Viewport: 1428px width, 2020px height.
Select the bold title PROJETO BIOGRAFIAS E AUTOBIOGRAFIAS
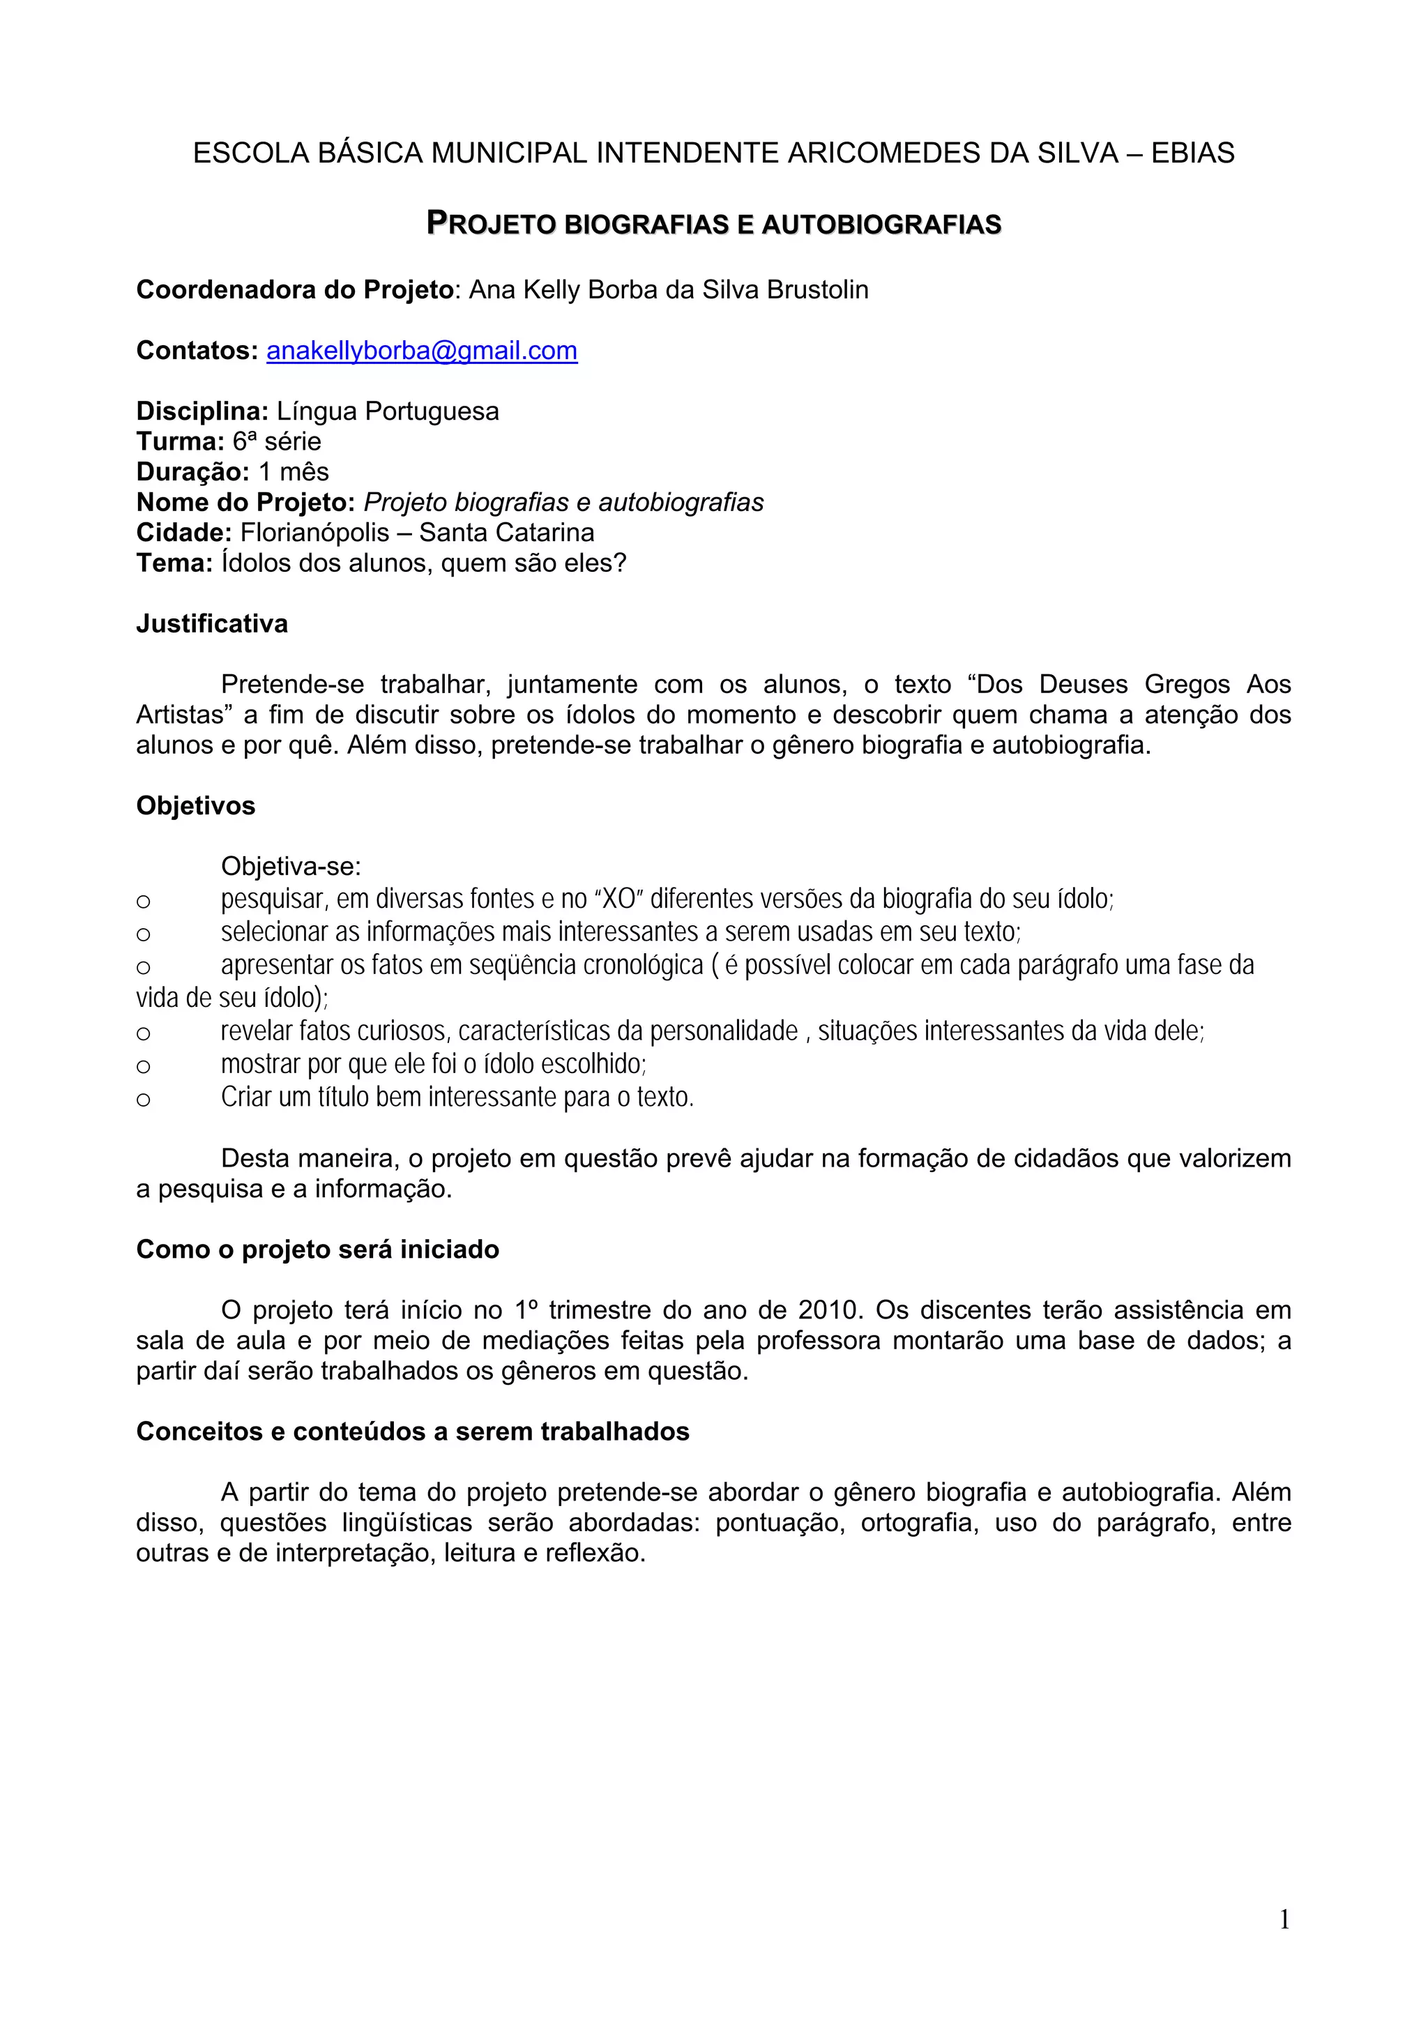[x=713, y=225]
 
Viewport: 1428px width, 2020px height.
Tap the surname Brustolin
[x=817, y=290]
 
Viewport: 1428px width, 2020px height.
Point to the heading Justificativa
[x=212, y=624]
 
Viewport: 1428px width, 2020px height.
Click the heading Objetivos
[x=195, y=806]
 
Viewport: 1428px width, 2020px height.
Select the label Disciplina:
[x=202, y=412]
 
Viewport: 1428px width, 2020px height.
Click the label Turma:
[x=181, y=441]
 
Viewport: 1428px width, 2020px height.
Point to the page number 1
[x=1284, y=1919]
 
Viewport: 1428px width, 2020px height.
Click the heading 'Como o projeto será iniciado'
[x=318, y=1250]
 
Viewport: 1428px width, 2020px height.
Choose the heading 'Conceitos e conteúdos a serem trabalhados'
[x=413, y=1432]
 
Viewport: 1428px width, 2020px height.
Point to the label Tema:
[x=174, y=563]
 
